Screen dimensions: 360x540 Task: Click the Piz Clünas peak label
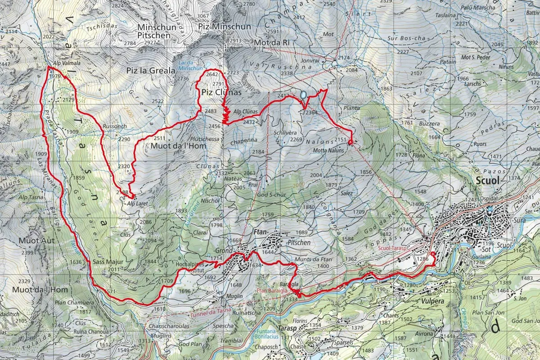click(221, 92)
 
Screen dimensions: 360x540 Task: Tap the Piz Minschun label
click(225, 27)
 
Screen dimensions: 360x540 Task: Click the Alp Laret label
click(137, 203)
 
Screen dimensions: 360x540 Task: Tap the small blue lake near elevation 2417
click(303, 95)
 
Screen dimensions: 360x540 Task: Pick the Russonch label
click(115, 126)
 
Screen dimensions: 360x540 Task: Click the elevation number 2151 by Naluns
click(341, 140)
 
